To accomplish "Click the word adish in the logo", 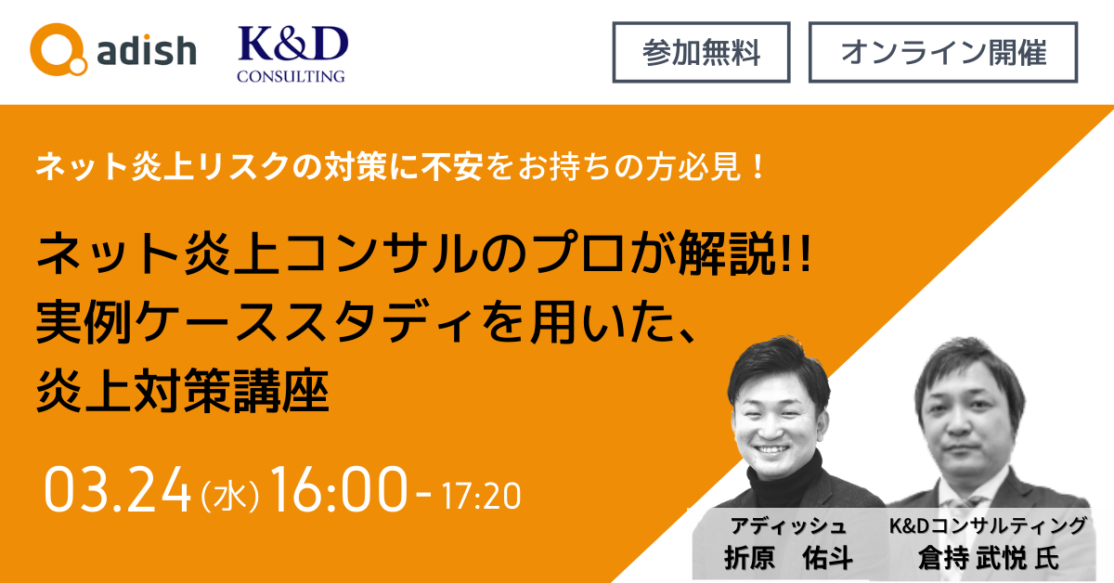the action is tap(147, 51).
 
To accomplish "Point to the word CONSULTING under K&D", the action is tap(291, 75).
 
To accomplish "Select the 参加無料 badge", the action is tap(701, 52).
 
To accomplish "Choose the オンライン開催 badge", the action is tap(943, 52).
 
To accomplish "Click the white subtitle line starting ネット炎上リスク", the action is tap(400, 167).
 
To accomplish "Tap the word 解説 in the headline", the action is tap(727, 253).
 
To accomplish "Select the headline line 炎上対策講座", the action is tap(183, 391).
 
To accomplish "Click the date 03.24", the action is tap(117, 490).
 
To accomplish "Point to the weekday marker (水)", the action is tap(230, 496).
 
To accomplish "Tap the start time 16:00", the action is tap(339, 489).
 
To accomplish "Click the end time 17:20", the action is tap(482, 496).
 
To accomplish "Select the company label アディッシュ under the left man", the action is tap(788, 525).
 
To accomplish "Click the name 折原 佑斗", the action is tap(788, 558).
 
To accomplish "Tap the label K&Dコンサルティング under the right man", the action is tap(987, 525).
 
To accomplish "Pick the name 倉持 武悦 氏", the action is tap(988, 558).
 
